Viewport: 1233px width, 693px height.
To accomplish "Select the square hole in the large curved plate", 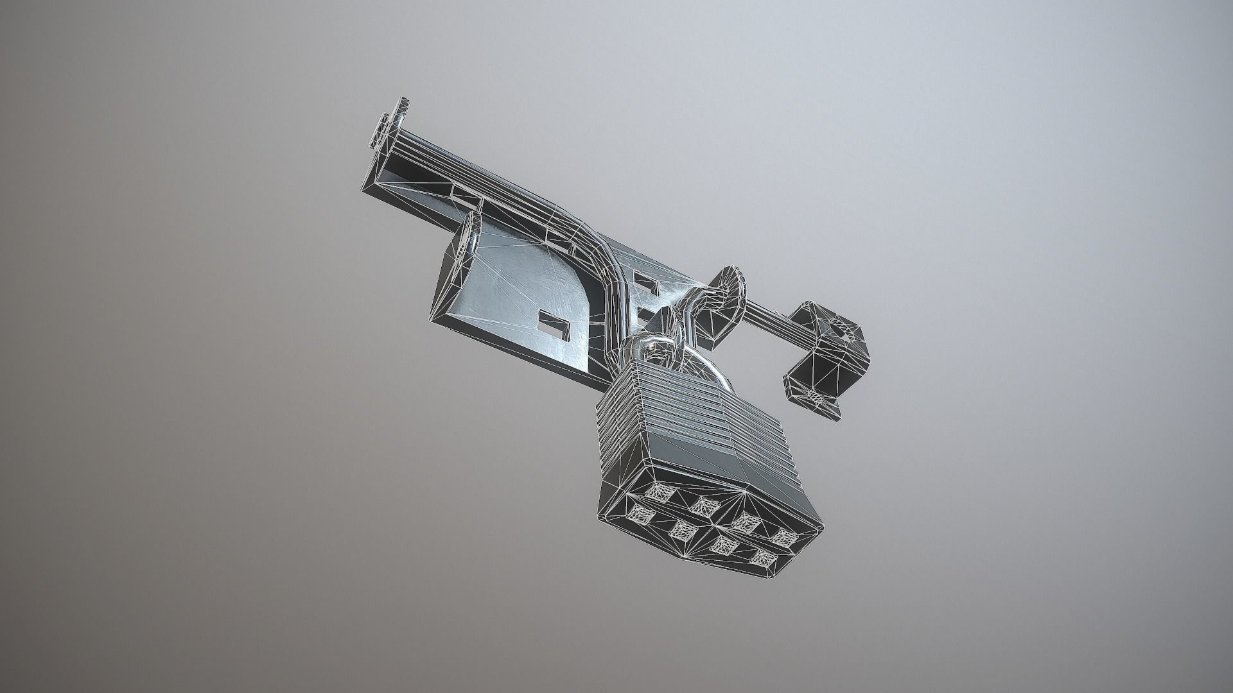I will (x=554, y=324).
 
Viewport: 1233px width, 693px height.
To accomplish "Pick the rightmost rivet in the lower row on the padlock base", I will (x=763, y=557).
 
